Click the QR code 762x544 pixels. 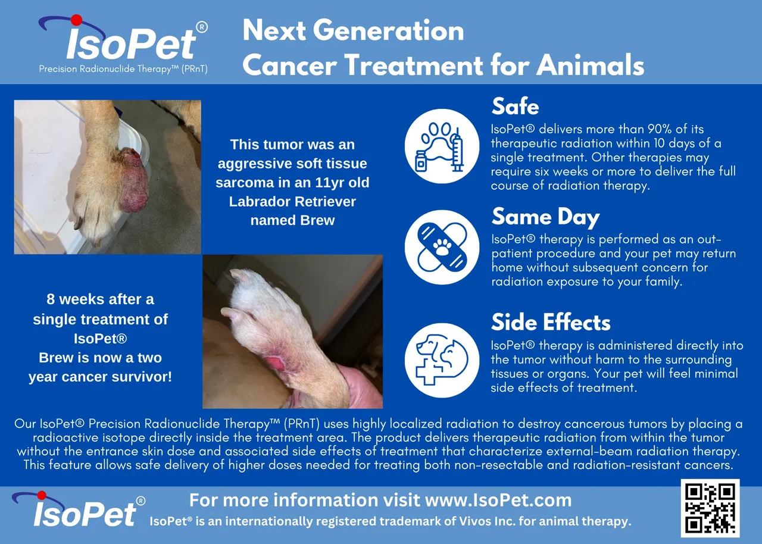point(710,508)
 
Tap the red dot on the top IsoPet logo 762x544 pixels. point(77,20)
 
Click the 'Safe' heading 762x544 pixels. point(516,107)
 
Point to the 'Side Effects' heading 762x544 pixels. point(551,322)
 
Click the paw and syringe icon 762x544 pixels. point(442,146)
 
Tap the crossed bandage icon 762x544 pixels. point(442,247)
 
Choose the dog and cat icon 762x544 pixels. point(442,361)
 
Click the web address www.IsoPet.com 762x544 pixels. point(498,500)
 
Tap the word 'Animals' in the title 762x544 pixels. point(590,65)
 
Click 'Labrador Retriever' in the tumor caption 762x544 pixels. point(292,202)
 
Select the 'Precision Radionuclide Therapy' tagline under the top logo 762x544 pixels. point(123,69)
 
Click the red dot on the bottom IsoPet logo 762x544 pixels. point(42,495)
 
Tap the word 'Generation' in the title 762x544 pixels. point(389,30)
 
